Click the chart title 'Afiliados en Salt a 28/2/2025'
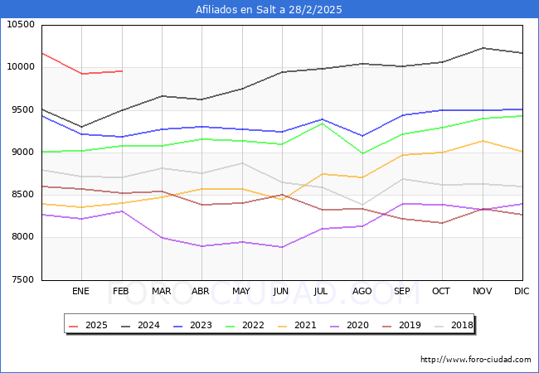click(269, 10)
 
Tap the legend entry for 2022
click(250, 325)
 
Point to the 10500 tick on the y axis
click(20, 25)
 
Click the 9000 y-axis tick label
click(22, 153)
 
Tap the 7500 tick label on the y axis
click(22, 280)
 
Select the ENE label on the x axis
click(81, 291)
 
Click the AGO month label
click(362, 291)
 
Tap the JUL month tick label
click(322, 291)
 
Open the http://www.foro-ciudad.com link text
click(476, 360)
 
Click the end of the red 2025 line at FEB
click(122, 71)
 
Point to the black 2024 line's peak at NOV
click(483, 48)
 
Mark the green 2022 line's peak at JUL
click(322, 124)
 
